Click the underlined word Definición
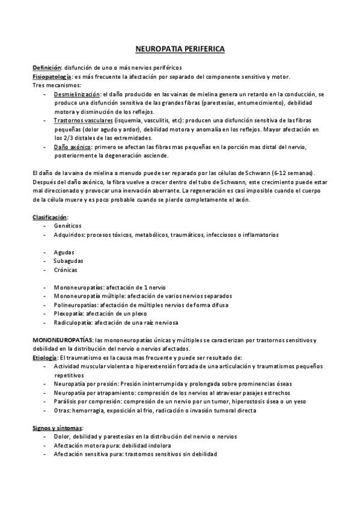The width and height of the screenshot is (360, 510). pos(46,67)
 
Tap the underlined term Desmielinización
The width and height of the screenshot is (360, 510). pos(77,94)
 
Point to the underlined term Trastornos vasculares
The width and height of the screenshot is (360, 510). pos(83,120)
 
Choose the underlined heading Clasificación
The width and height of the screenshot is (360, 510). pos(50,216)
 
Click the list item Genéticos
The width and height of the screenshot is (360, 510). pos(67,225)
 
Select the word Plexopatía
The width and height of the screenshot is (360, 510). pos(69,313)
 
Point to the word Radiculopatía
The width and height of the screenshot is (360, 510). pos(72,322)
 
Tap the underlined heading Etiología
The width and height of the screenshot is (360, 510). pos(44,357)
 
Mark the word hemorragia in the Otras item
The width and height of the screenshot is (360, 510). pos(88,410)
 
